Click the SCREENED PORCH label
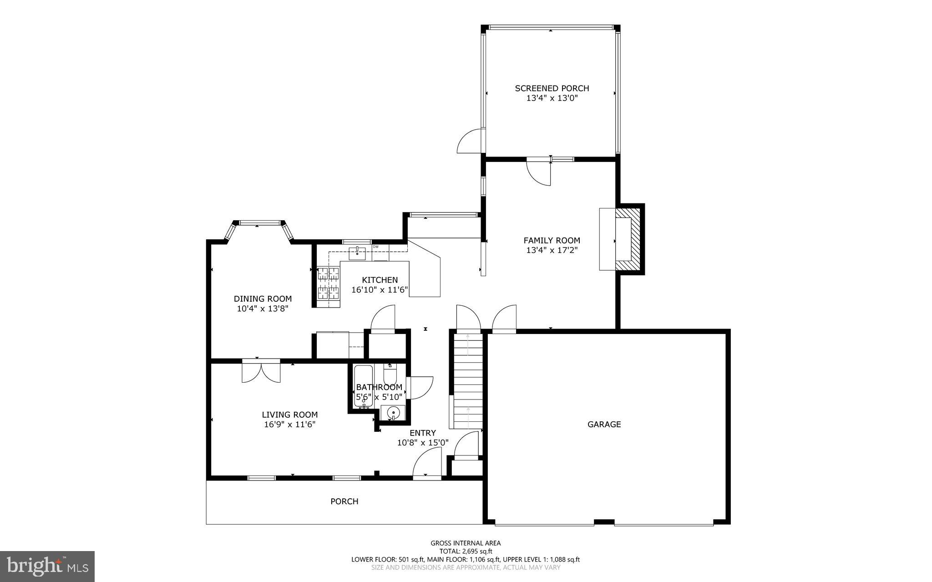click(552, 88)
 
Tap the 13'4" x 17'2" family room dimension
click(552, 250)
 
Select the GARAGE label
click(604, 424)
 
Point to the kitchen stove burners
click(329, 283)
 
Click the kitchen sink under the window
click(357, 253)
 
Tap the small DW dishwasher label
click(376, 247)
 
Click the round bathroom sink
click(393, 413)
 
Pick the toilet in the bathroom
click(390, 375)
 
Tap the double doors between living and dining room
click(261, 371)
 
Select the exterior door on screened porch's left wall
click(470, 142)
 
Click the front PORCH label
click(344, 501)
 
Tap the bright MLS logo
click(47, 566)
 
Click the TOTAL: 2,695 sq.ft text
click(466, 551)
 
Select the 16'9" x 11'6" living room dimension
click(289, 425)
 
